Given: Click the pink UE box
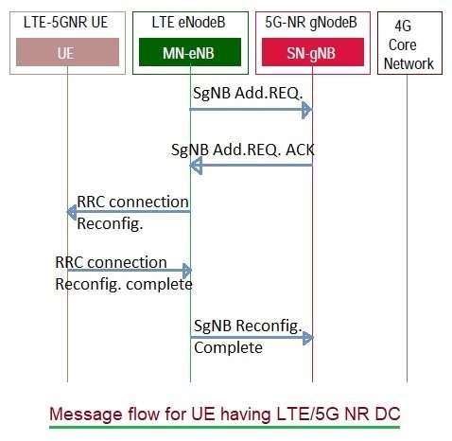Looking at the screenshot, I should point(66,54).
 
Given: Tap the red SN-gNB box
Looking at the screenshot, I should point(311,54).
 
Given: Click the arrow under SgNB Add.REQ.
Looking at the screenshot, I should point(251,110).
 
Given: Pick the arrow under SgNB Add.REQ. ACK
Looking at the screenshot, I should point(251,166).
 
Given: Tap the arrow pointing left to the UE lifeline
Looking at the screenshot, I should point(128,212).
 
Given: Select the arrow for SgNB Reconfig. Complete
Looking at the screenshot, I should point(251,336).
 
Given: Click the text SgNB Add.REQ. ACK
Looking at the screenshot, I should point(241,150).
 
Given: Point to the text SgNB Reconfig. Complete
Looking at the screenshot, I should point(246,336).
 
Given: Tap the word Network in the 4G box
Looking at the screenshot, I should point(409,64).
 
